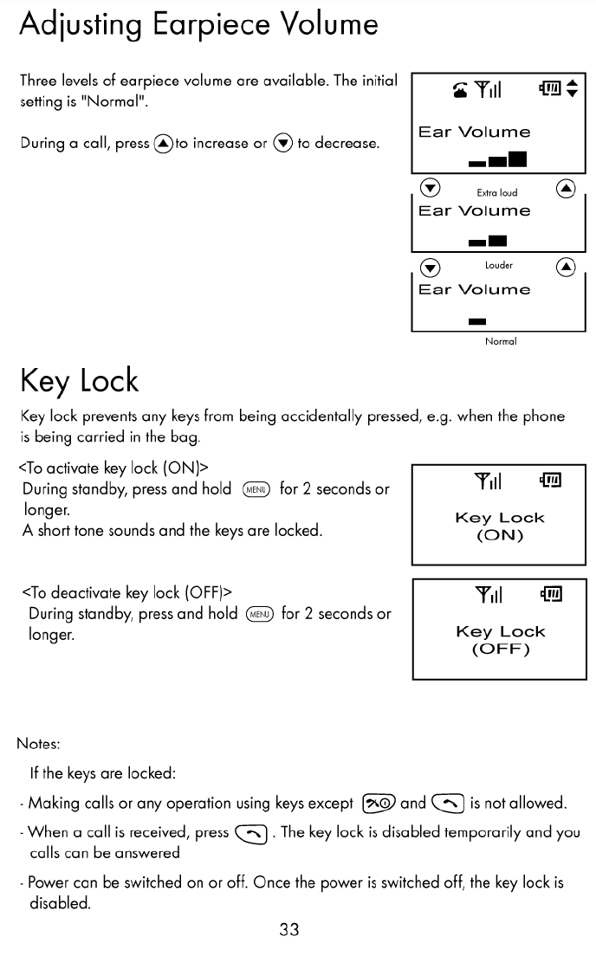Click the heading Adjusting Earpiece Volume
[198, 24]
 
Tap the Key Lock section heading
[79, 381]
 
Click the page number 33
[288, 930]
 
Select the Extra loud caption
[497, 193]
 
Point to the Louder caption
[499, 265]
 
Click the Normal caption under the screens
[501, 341]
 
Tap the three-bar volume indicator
[497, 159]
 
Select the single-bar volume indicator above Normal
[477, 322]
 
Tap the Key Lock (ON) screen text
[500, 526]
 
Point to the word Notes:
[39, 743]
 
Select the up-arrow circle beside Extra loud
[566, 188]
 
